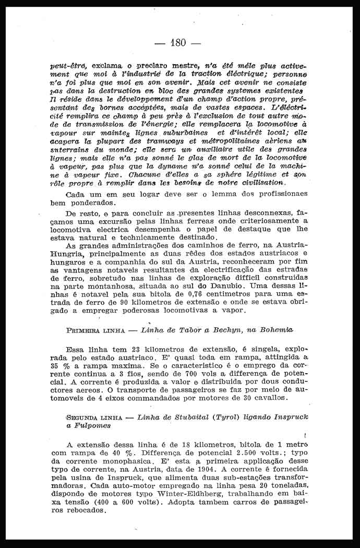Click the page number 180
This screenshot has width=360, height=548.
coord(178,42)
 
